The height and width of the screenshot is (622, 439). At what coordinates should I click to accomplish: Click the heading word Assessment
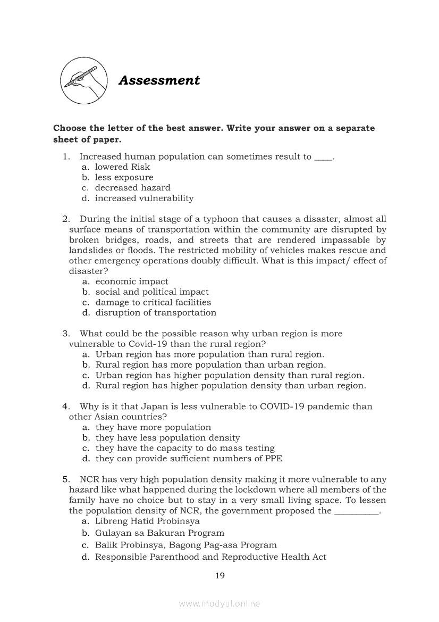click(x=159, y=80)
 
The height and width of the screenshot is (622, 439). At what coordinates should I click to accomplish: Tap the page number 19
click(x=220, y=575)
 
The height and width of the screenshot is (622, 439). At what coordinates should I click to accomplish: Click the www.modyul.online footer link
click(x=219, y=603)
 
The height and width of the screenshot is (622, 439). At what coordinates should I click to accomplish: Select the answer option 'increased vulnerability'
click(x=144, y=198)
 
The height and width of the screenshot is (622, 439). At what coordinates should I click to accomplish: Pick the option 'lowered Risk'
click(x=122, y=167)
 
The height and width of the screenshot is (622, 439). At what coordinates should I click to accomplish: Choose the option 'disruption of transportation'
click(x=156, y=312)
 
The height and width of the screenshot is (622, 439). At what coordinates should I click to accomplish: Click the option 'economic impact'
click(x=132, y=281)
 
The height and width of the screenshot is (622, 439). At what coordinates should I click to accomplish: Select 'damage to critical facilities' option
click(x=153, y=302)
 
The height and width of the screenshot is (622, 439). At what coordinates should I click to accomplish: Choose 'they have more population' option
click(x=153, y=427)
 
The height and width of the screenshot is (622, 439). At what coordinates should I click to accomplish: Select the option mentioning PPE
click(x=189, y=458)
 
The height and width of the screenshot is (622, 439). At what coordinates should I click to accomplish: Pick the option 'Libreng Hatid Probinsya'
click(x=147, y=521)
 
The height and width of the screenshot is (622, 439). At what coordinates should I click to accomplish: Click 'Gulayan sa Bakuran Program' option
click(x=159, y=533)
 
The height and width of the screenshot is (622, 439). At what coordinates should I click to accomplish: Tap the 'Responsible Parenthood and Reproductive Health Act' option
click(x=210, y=557)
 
